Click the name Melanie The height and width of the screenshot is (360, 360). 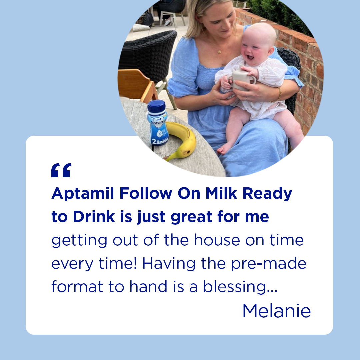pyautogui.click(x=276, y=311)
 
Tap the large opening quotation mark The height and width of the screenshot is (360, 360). pyautogui.click(x=61, y=170)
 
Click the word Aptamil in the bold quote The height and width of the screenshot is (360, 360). pyautogui.click(x=83, y=194)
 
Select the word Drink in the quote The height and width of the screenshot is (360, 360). pyautogui.click(x=94, y=216)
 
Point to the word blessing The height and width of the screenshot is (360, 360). pyautogui.click(x=240, y=287)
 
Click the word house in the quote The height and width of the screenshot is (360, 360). pyautogui.click(x=217, y=240)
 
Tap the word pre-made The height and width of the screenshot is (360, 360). pyautogui.click(x=269, y=264)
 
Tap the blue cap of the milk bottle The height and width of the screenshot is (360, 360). pyautogui.click(x=156, y=106)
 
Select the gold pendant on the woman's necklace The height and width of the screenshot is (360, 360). pyautogui.click(x=219, y=52)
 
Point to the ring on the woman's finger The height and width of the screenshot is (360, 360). pyautogui.click(x=247, y=99)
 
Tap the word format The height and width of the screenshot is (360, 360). pyautogui.click(x=77, y=287)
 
